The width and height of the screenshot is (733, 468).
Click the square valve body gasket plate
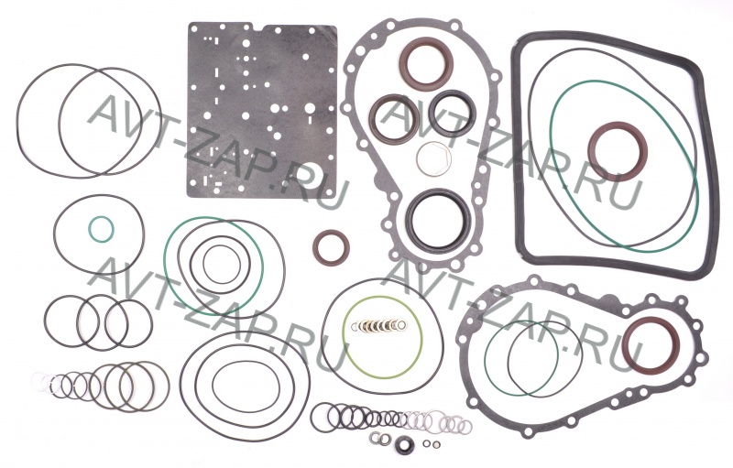tap(262, 110)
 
